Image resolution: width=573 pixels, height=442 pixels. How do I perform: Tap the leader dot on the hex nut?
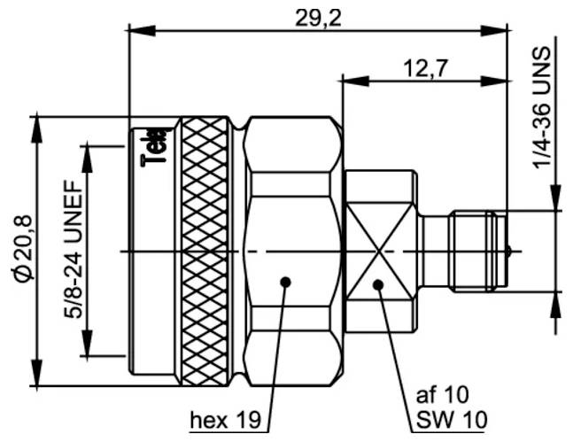point(285,283)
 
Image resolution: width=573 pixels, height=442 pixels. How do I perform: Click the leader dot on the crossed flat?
point(378,284)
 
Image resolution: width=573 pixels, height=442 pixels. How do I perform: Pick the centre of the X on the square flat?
point(378,252)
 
